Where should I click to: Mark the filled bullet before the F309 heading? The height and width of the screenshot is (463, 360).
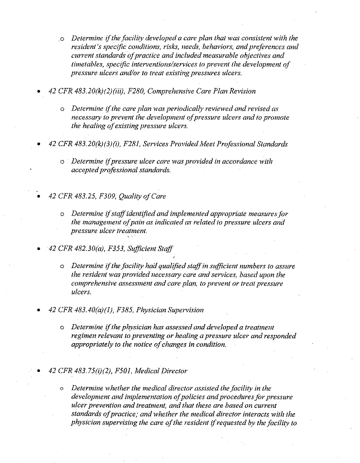pos(39,196)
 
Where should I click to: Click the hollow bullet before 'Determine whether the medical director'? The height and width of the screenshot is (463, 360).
pos(62,388)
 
